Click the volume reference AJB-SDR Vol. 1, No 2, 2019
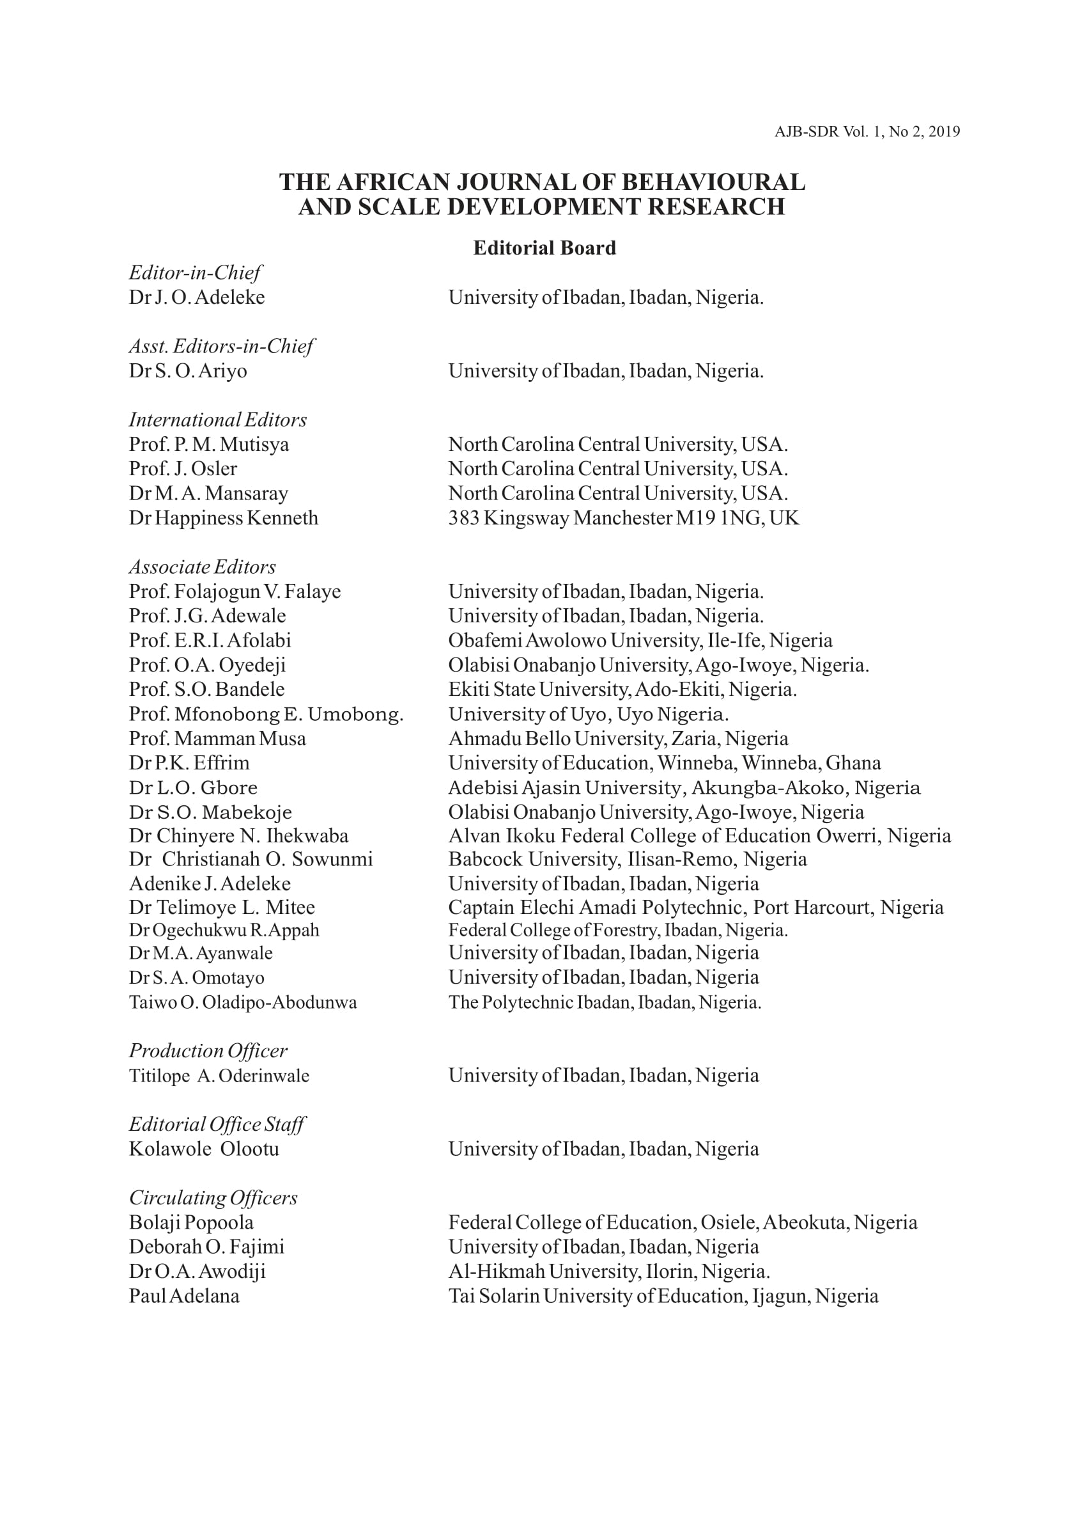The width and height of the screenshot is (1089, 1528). [x=867, y=132]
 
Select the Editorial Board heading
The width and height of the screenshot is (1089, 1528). [x=544, y=248]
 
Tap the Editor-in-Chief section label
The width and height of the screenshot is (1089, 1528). [x=194, y=272]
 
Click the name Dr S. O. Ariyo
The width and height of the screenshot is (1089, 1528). [x=188, y=370]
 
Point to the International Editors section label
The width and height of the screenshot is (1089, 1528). [x=217, y=420]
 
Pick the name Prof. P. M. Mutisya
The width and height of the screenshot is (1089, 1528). [x=208, y=445]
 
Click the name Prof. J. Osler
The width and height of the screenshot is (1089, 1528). [x=182, y=468]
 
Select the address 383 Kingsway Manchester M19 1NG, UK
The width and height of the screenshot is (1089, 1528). [x=623, y=517]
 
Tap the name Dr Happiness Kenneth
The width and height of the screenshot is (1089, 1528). [x=223, y=517]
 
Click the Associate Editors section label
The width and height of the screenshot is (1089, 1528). [x=202, y=567]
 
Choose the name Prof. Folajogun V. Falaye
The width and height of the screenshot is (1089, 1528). [x=235, y=591]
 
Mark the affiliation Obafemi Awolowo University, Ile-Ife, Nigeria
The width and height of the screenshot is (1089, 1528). [x=640, y=640]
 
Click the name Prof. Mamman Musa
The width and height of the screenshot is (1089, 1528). [x=217, y=738]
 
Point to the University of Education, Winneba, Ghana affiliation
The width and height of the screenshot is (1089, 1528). [x=664, y=762]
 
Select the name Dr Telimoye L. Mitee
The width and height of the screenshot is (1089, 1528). [x=221, y=908]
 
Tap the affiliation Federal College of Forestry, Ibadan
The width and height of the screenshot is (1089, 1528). [x=617, y=930]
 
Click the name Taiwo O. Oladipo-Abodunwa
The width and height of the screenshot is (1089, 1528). [x=243, y=1002]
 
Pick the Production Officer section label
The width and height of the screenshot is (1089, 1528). [x=208, y=1050]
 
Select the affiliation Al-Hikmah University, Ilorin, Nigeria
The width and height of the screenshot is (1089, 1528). [x=609, y=1271]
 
